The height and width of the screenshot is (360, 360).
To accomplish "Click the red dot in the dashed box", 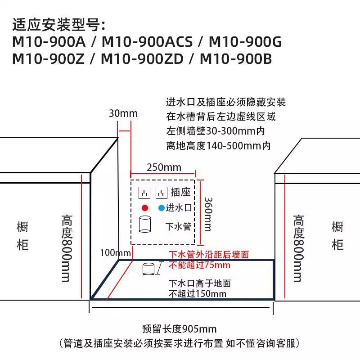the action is (144, 208).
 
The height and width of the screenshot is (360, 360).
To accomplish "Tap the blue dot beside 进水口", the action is (161, 208).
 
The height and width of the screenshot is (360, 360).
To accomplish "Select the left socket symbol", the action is (144, 193).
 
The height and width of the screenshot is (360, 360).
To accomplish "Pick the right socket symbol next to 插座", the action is (162, 193).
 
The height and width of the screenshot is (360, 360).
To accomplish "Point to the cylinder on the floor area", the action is (148, 269).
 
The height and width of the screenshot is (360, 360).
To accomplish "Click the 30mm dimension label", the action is (123, 113).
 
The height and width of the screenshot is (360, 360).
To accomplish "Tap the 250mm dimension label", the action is (164, 168).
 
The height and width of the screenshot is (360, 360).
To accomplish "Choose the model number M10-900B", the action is (236, 58).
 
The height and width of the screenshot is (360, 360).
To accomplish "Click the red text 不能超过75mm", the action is (199, 265).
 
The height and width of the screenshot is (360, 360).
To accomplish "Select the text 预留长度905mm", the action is (179, 329).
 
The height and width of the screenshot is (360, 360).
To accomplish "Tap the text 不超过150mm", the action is (198, 294).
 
